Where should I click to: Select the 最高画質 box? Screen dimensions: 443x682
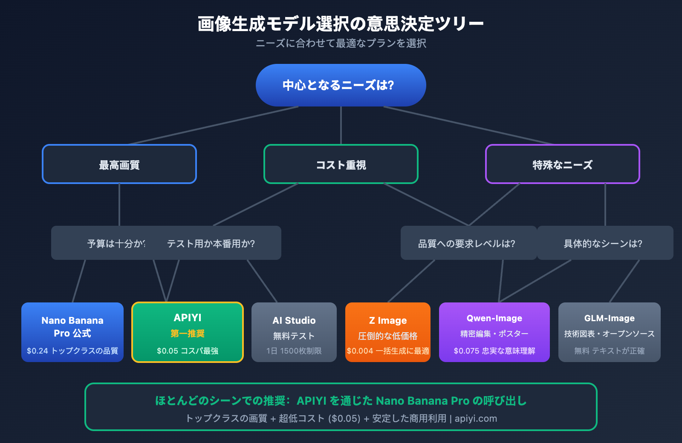[x=119, y=164]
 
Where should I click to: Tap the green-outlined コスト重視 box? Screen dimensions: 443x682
[x=341, y=164]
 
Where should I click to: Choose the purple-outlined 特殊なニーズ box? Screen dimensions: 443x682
[x=562, y=164]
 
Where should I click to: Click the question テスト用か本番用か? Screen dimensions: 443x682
[x=211, y=244]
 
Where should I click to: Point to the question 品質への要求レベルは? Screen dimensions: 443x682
[x=467, y=244]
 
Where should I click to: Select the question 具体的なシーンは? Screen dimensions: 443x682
[x=603, y=244]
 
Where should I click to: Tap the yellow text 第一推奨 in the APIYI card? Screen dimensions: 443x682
[x=188, y=334]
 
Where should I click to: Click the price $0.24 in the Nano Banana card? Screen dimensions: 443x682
[x=38, y=351]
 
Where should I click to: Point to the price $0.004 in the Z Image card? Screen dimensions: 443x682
[x=360, y=351]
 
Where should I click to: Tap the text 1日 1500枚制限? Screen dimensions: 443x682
[x=294, y=351]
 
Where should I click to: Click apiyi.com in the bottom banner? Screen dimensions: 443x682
[x=476, y=418]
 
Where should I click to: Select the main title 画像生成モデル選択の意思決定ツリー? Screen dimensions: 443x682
[x=341, y=24]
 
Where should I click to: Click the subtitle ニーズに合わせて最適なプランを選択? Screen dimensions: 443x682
[x=341, y=43]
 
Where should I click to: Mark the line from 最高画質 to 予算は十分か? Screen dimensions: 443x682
[x=119, y=204]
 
